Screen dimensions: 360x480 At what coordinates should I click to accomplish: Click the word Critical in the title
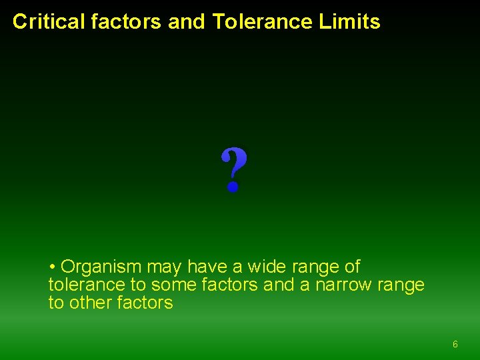pos(49,22)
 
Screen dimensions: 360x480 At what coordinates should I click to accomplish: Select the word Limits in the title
pos(349,22)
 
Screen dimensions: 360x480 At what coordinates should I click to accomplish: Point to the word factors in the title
pos(127,22)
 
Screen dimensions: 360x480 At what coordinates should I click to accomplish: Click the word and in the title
pos(187,22)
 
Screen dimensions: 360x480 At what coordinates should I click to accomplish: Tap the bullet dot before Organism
pos(52,267)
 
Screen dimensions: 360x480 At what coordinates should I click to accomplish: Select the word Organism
pos(101,267)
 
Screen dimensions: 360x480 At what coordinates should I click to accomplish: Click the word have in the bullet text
pos(207,267)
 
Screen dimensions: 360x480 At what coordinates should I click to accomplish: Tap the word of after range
pos(351,267)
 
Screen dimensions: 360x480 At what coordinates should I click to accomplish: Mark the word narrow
pos(343,285)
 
